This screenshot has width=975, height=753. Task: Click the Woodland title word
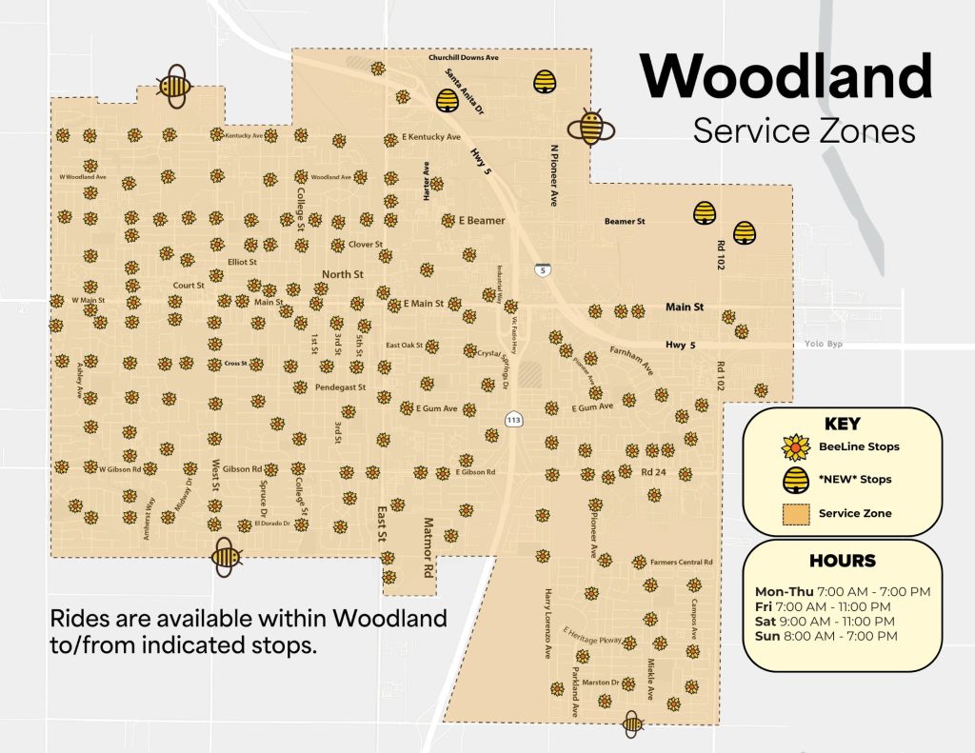click(x=786, y=76)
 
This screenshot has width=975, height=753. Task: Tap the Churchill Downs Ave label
click(x=464, y=58)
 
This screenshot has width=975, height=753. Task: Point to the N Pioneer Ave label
click(x=553, y=175)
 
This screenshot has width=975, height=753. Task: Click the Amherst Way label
click(x=148, y=518)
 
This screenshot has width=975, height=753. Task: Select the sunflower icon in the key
click(x=795, y=446)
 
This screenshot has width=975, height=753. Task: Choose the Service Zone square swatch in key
click(x=795, y=513)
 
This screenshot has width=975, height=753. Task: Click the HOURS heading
click(x=843, y=561)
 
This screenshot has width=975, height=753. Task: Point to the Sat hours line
click(x=823, y=621)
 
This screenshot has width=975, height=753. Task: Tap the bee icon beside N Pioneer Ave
click(x=591, y=126)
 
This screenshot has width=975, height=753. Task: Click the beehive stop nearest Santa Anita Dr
click(x=447, y=100)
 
